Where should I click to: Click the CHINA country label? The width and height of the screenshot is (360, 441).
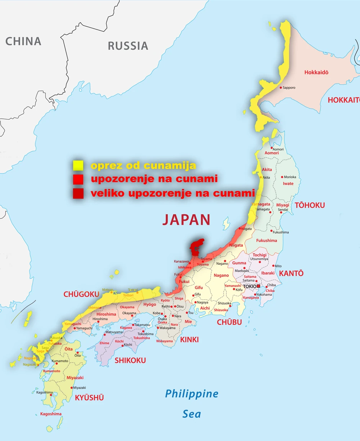23,41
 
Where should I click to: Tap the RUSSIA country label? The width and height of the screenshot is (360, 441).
128,46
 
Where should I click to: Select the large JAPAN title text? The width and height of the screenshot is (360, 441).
186,220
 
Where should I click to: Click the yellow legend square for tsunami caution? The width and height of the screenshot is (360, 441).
78,166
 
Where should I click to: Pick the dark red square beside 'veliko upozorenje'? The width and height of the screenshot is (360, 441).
78,194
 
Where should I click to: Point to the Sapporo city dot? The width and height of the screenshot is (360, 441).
281,88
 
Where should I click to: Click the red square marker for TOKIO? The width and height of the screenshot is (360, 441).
259,286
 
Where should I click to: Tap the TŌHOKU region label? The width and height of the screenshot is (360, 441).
309,205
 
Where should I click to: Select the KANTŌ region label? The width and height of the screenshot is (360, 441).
291,273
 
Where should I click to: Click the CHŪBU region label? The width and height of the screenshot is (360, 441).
229,322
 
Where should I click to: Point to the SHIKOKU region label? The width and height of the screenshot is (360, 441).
130,360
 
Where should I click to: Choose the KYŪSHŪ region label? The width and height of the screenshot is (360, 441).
89,398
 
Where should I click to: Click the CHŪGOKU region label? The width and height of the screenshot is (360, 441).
81,294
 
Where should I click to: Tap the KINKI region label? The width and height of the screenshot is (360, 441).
190,339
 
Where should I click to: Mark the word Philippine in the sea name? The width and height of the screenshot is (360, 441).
191,393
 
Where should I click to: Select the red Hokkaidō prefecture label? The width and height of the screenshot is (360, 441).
316,72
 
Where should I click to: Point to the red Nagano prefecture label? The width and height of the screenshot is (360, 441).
221,275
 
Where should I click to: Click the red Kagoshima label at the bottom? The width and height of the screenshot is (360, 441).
51,414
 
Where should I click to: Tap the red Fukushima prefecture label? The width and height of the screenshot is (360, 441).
266,241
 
